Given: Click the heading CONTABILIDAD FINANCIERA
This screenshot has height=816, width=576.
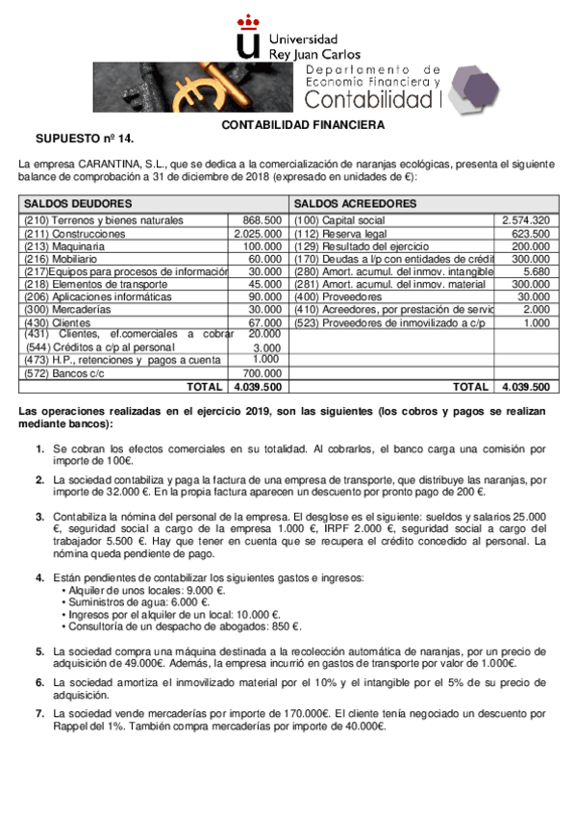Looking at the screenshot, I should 303,125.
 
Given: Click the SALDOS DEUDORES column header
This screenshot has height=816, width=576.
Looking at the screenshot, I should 78,204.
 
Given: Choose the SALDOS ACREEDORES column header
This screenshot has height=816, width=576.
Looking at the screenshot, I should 355,204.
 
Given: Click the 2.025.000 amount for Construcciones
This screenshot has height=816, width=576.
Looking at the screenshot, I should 258,234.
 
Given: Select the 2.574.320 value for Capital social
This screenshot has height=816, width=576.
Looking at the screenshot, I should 525,220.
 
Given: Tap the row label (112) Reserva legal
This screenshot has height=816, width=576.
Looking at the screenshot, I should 340,234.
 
